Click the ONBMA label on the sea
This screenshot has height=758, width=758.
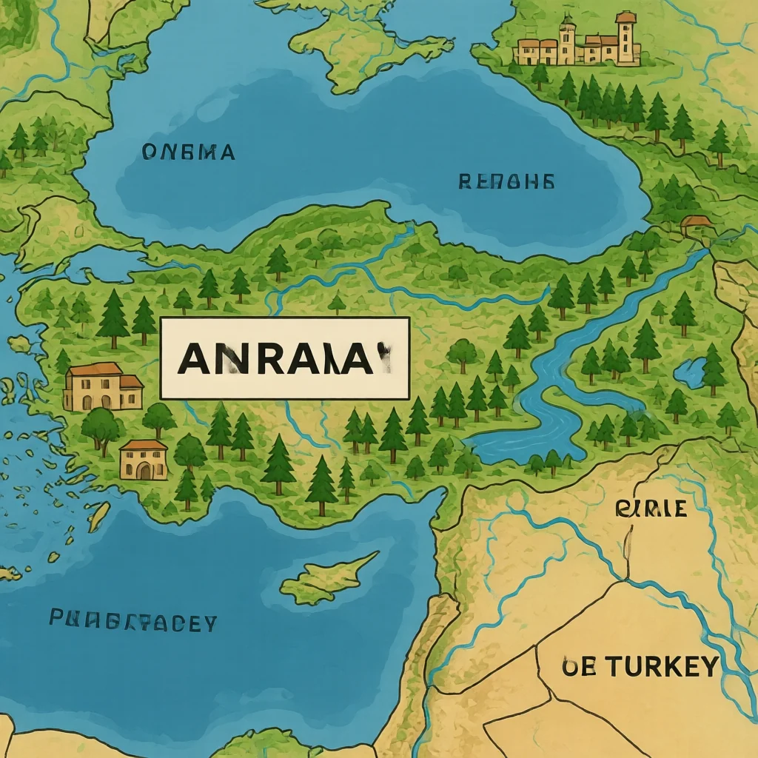click(x=187, y=152)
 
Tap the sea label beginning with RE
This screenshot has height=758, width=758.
click(x=506, y=181)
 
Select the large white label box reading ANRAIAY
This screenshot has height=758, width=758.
click(x=285, y=358)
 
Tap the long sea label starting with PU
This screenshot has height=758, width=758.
click(x=133, y=621)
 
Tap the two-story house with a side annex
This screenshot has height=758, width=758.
click(x=102, y=387)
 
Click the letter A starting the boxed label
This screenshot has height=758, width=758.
click(x=192, y=359)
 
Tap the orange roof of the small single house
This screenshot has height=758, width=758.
click(x=143, y=446)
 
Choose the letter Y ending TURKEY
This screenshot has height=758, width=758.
click(x=707, y=666)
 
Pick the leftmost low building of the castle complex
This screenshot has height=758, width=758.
click(x=527, y=52)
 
